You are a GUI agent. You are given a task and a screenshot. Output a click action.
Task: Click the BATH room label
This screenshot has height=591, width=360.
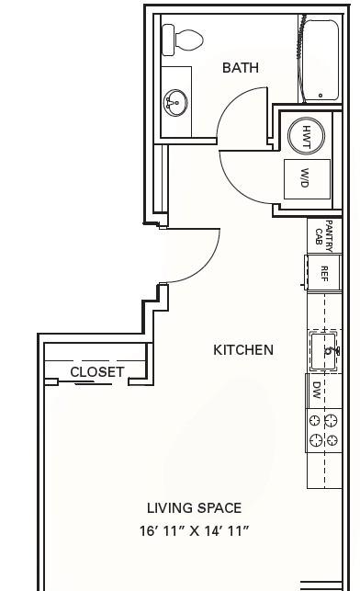pyautogui.click(x=241, y=68)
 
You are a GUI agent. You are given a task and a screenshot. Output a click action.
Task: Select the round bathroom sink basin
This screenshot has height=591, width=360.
pyautogui.click(x=175, y=103)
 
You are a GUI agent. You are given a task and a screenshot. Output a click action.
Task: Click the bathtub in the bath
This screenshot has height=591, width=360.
pyautogui.click(x=321, y=61)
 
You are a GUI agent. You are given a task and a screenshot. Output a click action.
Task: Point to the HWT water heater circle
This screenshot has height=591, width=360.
pyautogui.click(x=306, y=135)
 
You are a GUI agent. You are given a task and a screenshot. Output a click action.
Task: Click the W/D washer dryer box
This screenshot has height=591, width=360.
pyautogui.click(x=307, y=179)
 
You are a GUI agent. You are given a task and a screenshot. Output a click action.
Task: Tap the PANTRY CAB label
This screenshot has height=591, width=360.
pyautogui.click(x=324, y=236)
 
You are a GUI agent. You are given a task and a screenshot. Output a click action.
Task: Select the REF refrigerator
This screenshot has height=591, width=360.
pyautogui.click(x=324, y=273)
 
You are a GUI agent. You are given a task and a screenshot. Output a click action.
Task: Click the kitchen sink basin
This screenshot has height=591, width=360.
pyautogui.click(x=323, y=351)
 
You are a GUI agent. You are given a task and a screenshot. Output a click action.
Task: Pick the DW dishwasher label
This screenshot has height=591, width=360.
pyautogui.click(x=317, y=391)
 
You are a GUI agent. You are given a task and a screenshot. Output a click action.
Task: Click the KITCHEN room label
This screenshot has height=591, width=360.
pyautogui.click(x=243, y=350)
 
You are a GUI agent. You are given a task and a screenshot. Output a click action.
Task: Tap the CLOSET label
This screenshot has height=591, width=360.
pyautogui.click(x=97, y=372)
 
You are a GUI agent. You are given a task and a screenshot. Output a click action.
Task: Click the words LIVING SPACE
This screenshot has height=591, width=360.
pyautogui.click(x=194, y=508)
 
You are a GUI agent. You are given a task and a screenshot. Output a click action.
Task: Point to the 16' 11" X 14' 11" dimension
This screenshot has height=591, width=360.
pyautogui.click(x=194, y=531)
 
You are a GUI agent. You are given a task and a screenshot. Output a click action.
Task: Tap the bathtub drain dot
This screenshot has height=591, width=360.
pyautogui.click(x=321, y=96)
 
